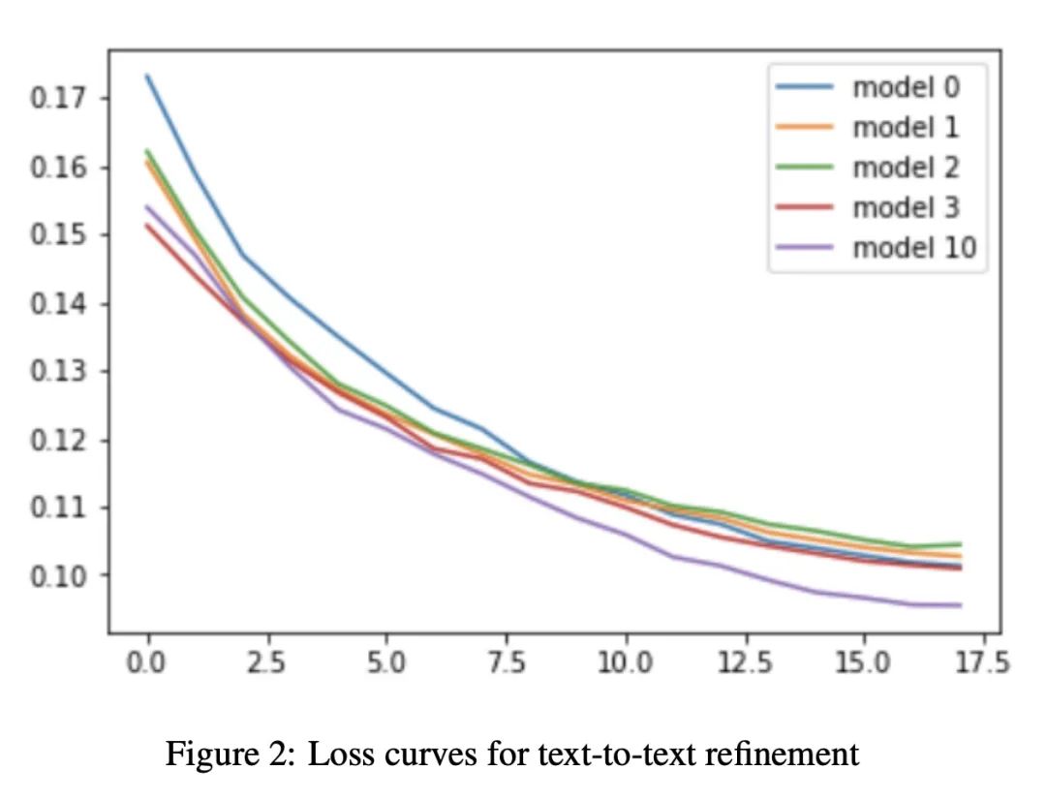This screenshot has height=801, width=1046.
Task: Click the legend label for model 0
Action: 906,87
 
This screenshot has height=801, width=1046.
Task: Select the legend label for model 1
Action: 906,127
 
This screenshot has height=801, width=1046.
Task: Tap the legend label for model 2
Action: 906,168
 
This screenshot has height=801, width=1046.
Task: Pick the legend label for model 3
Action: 906,207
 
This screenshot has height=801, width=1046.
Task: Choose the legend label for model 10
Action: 914,248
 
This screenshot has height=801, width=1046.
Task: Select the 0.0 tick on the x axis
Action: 148,664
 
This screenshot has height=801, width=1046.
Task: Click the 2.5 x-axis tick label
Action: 267,664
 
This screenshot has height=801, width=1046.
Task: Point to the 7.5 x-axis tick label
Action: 507,664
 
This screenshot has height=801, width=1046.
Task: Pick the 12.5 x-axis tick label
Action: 745,664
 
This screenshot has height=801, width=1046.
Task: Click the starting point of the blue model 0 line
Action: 148,76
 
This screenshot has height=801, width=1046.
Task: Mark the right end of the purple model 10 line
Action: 961,605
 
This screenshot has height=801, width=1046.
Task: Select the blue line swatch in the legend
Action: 805,87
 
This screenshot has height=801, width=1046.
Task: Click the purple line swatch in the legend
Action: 805,248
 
